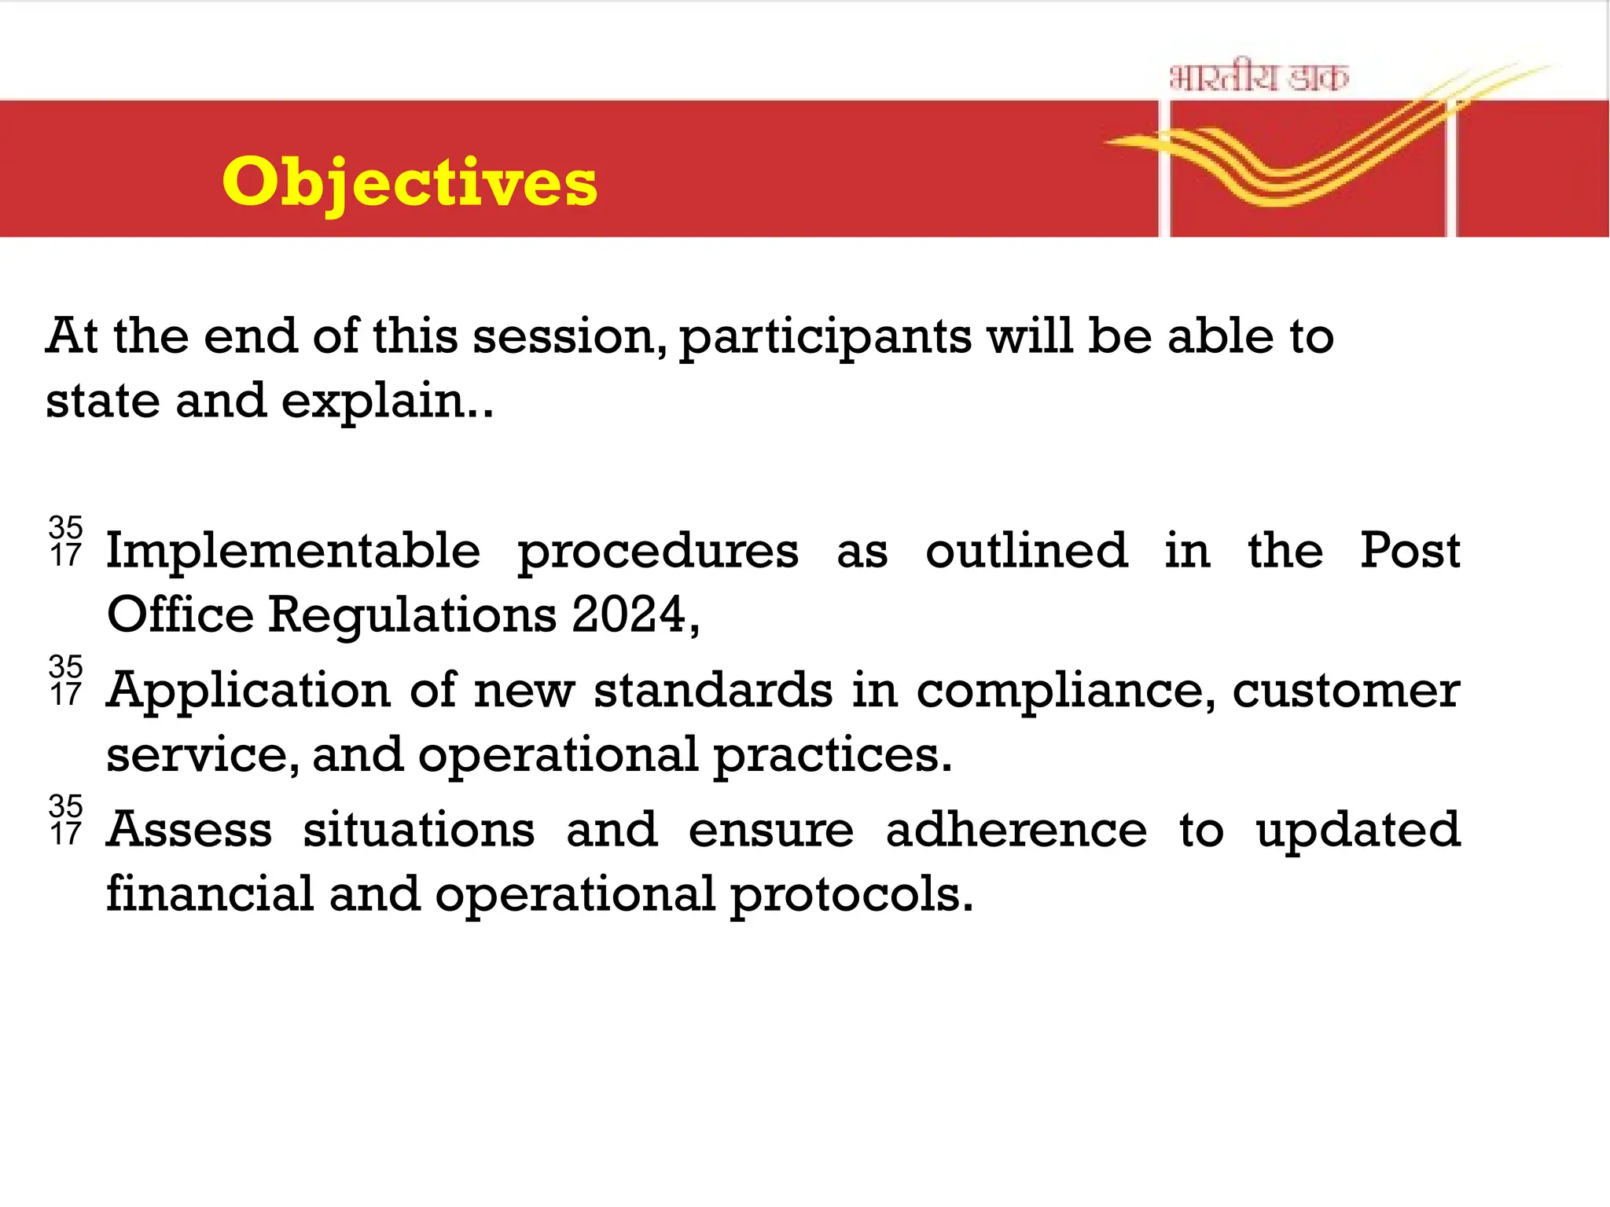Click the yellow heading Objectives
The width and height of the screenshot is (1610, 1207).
pyautogui.click(x=410, y=182)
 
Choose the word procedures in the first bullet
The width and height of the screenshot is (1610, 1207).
pyautogui.click(x=658, y=552)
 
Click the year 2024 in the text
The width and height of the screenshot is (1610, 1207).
pyautogui.click(x=630, y=615)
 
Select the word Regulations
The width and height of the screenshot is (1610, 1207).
pyautogui.click(x=413, y=615)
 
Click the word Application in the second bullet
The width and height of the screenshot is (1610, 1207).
pyautogui.click(x=248, y=692)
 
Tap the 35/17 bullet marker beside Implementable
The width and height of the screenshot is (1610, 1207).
pyautogui.click(x=66, y=541)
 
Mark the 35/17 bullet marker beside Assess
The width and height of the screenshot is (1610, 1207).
pyautogui.click(x=66, y=820)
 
